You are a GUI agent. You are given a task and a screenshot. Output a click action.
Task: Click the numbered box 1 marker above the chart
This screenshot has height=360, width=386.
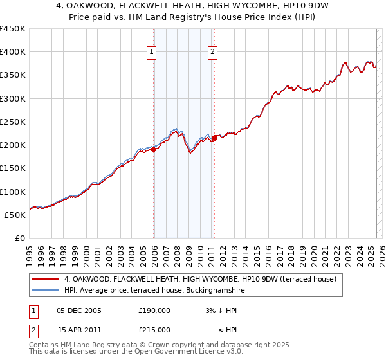(x=151, y=53)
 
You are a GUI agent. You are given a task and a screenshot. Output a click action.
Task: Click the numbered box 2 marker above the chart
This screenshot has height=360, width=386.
(x=212, y=53)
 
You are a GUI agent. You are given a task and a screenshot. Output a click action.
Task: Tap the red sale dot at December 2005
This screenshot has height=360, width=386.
(x=154, y=150)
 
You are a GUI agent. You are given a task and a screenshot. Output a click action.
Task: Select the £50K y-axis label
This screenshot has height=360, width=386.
(x=15, y=215)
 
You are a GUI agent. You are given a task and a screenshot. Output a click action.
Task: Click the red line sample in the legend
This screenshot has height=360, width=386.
(x=45, y=279)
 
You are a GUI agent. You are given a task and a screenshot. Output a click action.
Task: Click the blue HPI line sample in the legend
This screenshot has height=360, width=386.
(x=45, y=291)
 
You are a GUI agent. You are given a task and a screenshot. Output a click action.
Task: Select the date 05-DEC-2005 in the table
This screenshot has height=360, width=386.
(x=78, y=310)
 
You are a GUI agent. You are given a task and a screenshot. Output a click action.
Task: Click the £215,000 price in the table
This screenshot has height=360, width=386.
(x=154, y=330)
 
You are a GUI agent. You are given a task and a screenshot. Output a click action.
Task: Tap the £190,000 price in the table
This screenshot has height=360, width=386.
(x=154, y=310)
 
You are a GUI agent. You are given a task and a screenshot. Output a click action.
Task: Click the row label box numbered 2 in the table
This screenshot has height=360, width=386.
(x=33, y=330)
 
